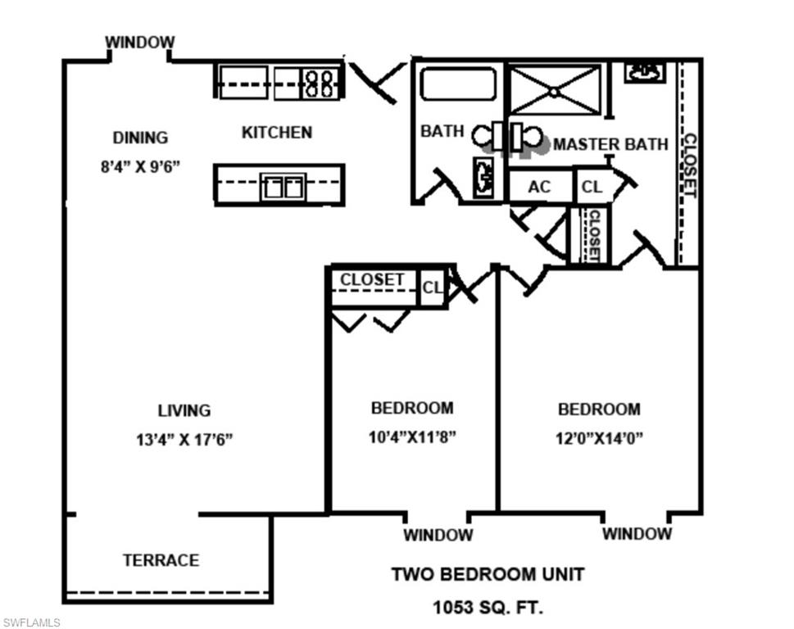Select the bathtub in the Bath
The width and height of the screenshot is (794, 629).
[458, 84]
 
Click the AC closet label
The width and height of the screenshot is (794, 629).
[539, 188]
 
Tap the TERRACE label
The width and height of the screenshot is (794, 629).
[161, 560]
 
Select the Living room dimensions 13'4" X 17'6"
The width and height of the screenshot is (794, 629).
[184, 439]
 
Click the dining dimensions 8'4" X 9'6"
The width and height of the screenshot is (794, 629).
[140, 166]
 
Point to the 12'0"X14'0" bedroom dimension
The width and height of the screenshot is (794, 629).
[599, 437]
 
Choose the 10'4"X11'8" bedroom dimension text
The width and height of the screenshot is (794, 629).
[412, 437]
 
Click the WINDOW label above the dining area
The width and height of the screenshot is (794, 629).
[139, 42]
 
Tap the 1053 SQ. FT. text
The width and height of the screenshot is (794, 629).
[488, 608]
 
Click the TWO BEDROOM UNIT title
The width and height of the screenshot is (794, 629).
[488, 574]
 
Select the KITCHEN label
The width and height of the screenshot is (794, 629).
[277, 132]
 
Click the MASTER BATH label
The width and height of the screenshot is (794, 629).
[610, 145]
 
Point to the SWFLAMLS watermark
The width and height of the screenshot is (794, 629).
[31, 622]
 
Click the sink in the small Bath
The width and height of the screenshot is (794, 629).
[483, 178]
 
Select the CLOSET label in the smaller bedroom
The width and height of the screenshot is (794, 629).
[372, 279]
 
